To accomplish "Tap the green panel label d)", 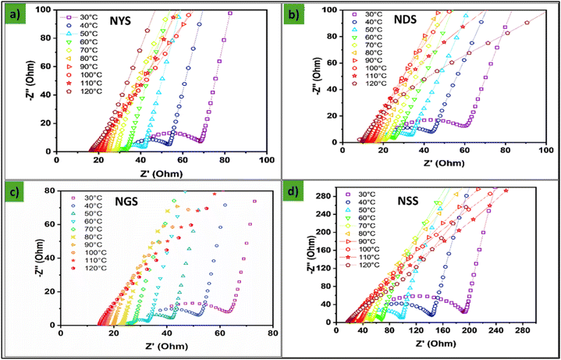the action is pyautogui.click(x=293, y=190).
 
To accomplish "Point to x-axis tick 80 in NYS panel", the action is pyautogui.click(x=225, y=159).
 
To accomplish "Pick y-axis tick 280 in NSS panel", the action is pyautogui.click(x=324, y=196).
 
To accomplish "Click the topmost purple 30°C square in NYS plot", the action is pyautogui.click(x=230, y=13).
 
